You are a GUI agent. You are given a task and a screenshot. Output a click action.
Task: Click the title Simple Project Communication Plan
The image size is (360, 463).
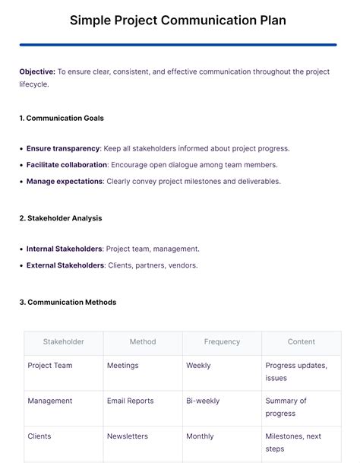(x=178, y=20)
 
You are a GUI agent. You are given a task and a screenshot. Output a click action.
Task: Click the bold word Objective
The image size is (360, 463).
(x=37, y=71)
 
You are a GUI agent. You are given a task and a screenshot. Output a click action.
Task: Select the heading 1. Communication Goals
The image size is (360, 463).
(x=62, y=118)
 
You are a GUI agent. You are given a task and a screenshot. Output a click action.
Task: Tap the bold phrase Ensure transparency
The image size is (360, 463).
(x=63, y=148)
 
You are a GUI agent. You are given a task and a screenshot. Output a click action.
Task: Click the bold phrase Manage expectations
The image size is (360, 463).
(x=65, y=181)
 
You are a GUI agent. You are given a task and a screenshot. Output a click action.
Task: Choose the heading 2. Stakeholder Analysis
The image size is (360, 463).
(x=61, y=218)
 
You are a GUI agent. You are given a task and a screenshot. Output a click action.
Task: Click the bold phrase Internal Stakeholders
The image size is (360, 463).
(x=64, y=249)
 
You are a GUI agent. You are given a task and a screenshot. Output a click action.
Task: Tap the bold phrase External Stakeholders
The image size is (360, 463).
(x=65, y=265)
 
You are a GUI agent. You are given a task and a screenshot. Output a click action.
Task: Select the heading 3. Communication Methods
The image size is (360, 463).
(x=68, y=302)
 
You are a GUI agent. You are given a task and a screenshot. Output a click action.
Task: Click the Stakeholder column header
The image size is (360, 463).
(x=64, y=342)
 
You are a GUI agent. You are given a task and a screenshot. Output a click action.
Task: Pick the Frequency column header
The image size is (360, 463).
(x=222, y=342)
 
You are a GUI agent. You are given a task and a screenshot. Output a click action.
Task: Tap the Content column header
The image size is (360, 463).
(x=302, y=342)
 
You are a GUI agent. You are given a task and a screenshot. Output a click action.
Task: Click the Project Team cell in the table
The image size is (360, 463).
(x=50, y=366)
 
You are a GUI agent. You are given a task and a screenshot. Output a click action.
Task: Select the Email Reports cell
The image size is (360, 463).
(x=131, y=401)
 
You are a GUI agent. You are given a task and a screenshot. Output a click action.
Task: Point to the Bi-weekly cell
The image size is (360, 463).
(x=201, y=401)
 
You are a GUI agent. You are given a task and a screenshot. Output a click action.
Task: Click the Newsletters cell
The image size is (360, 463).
(x=128, y=436)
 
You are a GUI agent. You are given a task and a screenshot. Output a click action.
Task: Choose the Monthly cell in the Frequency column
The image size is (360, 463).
(x=200, y=436)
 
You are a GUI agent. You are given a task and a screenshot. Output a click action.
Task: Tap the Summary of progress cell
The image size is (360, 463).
(x=286, y=407)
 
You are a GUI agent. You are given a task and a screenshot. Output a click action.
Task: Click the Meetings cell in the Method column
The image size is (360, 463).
(x=123, y=366)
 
